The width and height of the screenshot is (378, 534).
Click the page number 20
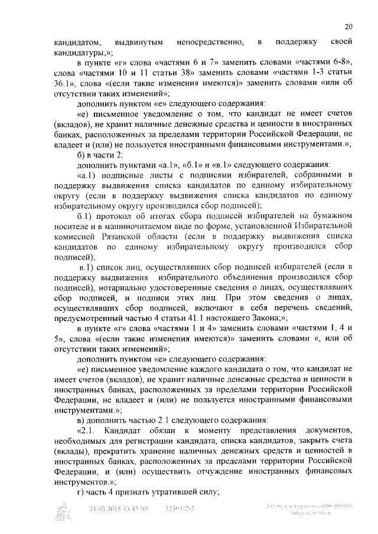(348, 27)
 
